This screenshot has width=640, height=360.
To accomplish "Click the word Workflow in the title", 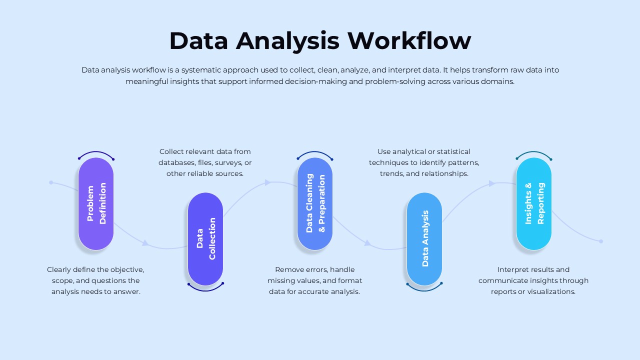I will (409, 41).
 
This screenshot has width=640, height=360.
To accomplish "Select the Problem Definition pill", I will (96, 204).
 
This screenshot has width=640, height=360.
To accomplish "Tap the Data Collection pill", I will (205, 239).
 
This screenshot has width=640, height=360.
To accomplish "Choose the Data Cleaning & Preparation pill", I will (315, 204).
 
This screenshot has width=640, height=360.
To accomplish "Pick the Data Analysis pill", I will (424, 239).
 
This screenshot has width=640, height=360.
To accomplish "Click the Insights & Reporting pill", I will (534, 204).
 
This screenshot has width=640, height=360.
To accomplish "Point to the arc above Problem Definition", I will (96, 152).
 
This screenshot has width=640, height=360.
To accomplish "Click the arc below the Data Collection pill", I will (205, 289).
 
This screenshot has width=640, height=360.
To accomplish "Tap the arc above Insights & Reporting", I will (534, 152).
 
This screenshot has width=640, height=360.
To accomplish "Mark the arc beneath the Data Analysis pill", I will (424, 289).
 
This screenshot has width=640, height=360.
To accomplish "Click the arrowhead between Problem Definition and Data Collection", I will (145, 243).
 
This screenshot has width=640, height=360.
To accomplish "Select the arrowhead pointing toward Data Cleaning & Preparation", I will (267, 182).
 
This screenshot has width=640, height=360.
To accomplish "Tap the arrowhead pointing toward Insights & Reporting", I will (491, 183).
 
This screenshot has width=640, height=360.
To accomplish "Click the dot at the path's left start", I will (51, 182).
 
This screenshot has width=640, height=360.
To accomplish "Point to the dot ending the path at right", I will (601, 241).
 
